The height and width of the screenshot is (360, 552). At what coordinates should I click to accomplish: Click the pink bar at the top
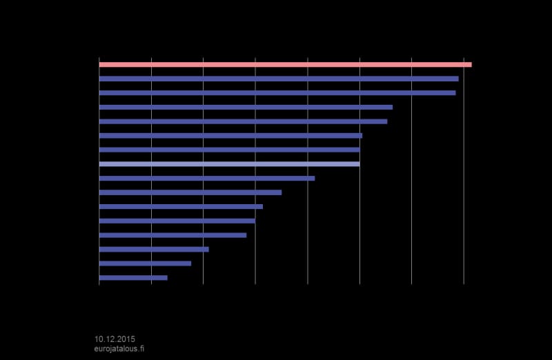click(285, 64)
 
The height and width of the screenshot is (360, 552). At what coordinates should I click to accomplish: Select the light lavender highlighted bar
click(230, 164)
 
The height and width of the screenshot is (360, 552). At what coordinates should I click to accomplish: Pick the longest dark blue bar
click(279, 79)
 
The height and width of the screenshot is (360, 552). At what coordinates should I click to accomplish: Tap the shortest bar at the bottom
click(133, 278)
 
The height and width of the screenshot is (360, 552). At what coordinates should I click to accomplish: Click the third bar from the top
click(277, 93)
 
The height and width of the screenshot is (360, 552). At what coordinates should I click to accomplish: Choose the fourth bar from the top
click(246, 107)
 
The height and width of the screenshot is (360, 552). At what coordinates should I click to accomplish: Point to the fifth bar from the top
click(244, 121)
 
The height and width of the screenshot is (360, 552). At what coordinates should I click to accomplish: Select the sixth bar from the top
click(230, 135)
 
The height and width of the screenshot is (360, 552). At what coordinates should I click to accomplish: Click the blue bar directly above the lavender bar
click(230, 150)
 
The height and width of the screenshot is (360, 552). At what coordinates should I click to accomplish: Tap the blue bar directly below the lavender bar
click(207, 179)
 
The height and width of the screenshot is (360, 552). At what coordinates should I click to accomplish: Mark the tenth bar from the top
click(190, 192)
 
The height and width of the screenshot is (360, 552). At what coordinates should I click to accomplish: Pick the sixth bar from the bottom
click(181, 207)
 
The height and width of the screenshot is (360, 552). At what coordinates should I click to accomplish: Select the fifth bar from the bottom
click(177, 221)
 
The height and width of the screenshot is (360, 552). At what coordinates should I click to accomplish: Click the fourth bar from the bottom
click(173, 235)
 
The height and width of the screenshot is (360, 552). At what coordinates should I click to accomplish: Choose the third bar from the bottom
click(154, 249)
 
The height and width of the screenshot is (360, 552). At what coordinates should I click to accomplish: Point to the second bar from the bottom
click(145, 263)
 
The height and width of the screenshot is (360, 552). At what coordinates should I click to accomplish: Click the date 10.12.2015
click(115, 339)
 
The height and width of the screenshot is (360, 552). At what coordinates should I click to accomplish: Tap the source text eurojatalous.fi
click(119, 349)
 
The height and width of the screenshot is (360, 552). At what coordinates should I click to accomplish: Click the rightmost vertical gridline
click(464, 170)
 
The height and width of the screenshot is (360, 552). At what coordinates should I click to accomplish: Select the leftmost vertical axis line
click(99, 170)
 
